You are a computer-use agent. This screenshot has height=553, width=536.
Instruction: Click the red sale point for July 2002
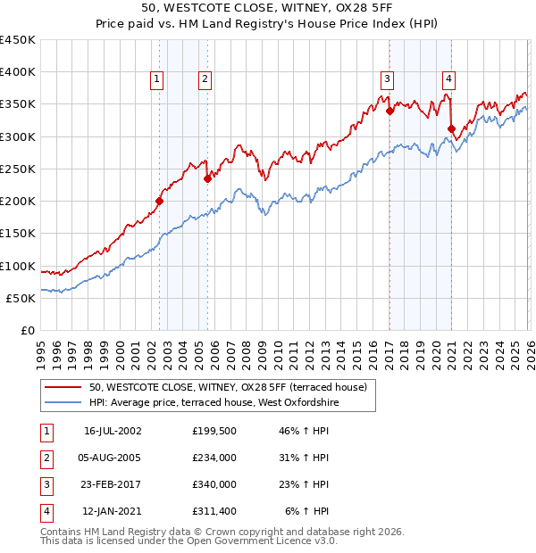[159, 202]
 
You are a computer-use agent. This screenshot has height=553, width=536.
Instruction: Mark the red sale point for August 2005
[207, 178]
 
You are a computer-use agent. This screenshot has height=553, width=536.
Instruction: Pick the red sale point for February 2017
[390, 111]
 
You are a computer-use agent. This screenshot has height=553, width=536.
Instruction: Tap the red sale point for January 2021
[451, 129]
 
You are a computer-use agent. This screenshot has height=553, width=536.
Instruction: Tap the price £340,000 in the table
[214, 485]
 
